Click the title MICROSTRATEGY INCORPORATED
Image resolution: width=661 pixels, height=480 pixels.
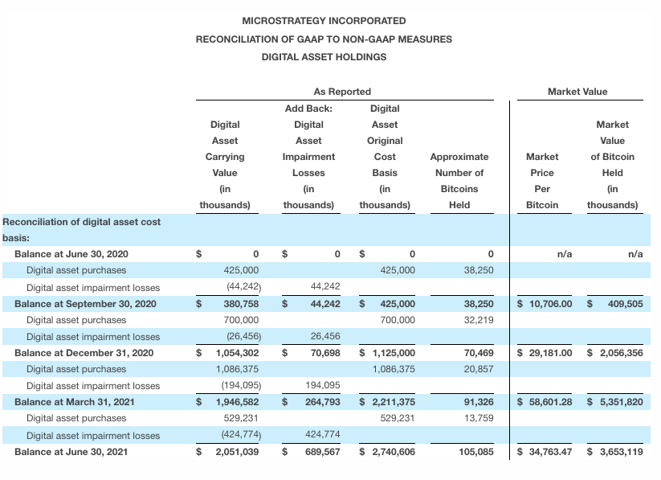324,21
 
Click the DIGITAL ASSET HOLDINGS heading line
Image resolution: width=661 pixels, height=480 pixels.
324,57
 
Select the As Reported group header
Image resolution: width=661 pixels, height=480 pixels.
342,92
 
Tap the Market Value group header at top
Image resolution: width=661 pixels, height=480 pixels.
577,92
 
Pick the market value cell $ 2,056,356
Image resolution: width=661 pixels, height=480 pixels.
615,353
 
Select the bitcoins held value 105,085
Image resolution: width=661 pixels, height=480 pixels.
475,452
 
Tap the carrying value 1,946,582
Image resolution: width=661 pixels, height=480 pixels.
236,402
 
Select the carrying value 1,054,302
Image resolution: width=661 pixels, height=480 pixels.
236,353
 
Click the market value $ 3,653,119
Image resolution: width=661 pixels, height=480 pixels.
615,452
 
